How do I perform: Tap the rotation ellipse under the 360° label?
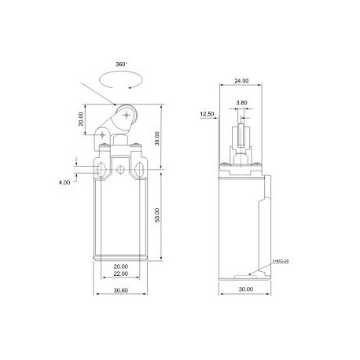pyautogui.click(x=119, y=79)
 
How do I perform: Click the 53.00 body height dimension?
pyautogui.click(x=160, y=215)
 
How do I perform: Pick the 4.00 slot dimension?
pyautogui.click(x=64, y=182)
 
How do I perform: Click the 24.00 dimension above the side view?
pyautogui.click(x=241, y=80)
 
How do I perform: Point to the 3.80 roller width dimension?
pyautogui.click(x=242, y=102)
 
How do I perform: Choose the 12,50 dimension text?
pyautogui.click(x=208, y=114)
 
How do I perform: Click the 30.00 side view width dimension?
pyautogui.click(x=246, y=289)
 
